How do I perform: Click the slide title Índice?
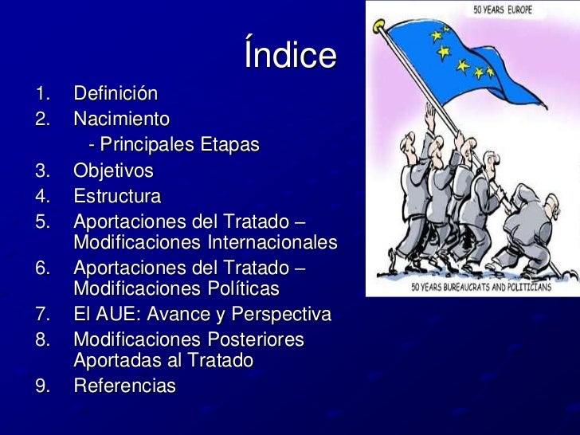click(x=291, y=56)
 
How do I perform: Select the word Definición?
click(x=116, y=94)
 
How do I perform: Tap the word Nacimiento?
click(x=121, y=120)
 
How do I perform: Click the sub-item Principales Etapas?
click(x=174, y=146)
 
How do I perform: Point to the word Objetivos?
click(x=113, y=171)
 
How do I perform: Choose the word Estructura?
click(x=117, y=196)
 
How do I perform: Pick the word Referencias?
click(x=124, y=386)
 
